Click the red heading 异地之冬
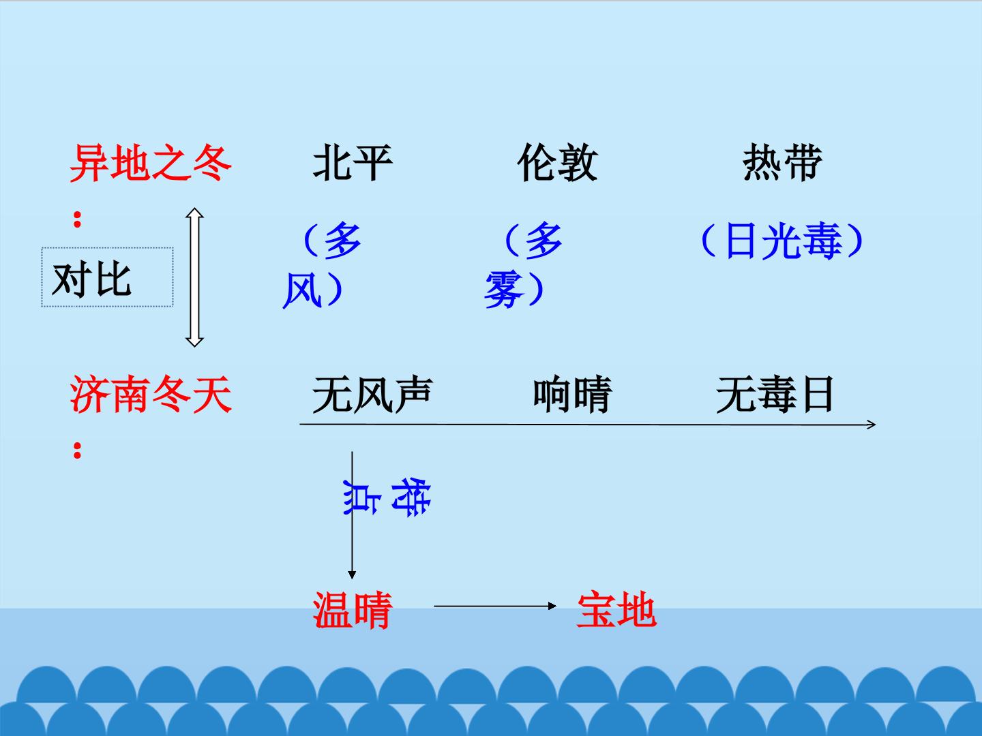click(150, 163)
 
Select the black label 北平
click(353, 163)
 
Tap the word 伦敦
click(557, 163)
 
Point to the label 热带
click(782, 163)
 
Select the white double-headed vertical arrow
click(194, 277)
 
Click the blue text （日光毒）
click(782, 241)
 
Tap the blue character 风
click(302, 290)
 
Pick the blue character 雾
click(504, 290)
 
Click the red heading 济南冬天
click(151, 394)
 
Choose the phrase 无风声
click(372, 395)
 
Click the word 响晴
click(573, 395)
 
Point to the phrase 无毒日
click(775, 395)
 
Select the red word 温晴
click(353, 610)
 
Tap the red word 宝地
click(617, 610)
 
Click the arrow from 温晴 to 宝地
click(495, 606)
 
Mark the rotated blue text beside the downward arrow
click(387, 497)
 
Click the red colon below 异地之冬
click(77, 219)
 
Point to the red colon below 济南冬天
click(77, 450)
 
